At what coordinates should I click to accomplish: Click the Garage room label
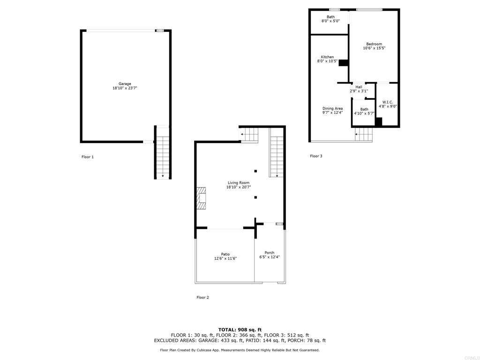pos(125,84)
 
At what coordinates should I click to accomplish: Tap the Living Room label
pos(239,183)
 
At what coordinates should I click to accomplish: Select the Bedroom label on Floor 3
pos(374,44)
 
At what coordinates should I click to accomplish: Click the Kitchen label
pos(327,57)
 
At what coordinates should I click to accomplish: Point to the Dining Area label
pos(332,108)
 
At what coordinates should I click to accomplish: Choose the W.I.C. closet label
pos(388,102)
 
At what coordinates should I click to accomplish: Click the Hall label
pos(359,87)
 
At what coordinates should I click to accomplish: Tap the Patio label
pos(225,254)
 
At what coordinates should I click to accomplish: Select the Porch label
pos(270,253)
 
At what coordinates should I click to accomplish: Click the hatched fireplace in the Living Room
pos(201,198)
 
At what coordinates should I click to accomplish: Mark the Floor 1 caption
pos(88,157)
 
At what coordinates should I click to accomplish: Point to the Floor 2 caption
pos(202,298)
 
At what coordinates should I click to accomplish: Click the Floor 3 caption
pos(316,156)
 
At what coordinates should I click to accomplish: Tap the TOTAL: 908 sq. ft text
pos(240,330)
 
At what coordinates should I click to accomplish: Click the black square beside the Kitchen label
pos(344,62)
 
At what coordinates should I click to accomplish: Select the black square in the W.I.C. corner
pos(379,121)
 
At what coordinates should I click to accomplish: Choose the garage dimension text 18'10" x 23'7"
pos(125,88)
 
